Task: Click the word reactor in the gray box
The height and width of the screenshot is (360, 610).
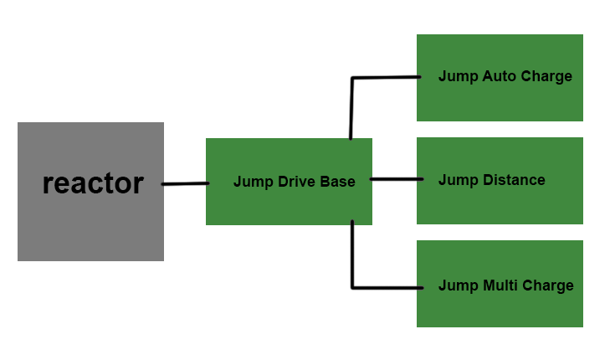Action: (x=93, y=183)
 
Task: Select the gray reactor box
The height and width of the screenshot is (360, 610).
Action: (x=90, y=226)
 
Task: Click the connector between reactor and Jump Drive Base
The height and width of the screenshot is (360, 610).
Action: (x=185, y=183)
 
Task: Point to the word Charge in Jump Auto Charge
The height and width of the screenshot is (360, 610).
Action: (x=546, y=76)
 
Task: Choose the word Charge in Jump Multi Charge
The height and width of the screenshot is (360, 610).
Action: (x=548, y=285)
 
